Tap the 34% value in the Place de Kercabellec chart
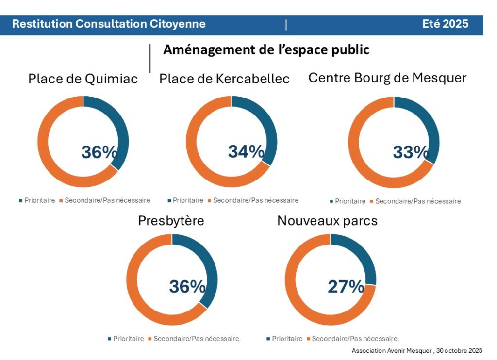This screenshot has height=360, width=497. click(246, 151)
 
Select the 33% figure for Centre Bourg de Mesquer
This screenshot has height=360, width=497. click(411, 152)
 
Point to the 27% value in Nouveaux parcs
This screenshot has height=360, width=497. click(346, 287)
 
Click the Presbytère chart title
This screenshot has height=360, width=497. click(171, 221)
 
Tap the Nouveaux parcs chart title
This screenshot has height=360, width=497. click(327, 221)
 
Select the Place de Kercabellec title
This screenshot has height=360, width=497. click(224, 79)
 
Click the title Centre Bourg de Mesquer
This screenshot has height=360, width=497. click(387, 78)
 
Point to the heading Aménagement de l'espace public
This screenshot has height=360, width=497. click(266, 49)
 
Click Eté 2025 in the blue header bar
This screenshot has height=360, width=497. click(445, 24)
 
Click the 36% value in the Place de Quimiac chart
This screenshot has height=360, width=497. click(99, 152)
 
